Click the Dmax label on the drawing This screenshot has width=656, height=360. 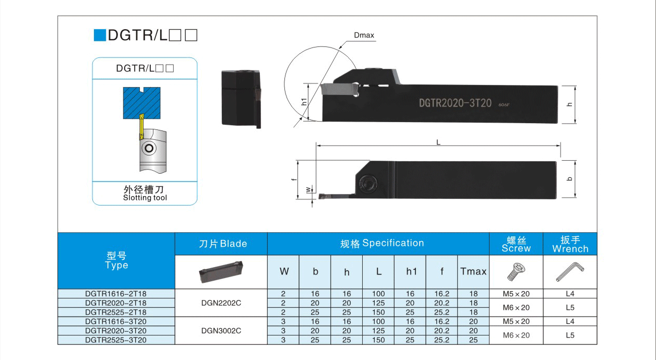click(364, 35)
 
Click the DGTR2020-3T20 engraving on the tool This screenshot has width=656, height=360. click(455, 103)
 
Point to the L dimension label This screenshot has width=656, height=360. click(438, 142)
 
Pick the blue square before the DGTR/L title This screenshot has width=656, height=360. click(99, 35)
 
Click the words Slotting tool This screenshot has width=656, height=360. click(145, 198)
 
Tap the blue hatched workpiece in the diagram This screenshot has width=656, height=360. click(141, 102)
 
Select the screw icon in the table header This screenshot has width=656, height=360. click(516, 271)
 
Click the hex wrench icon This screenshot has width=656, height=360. click(570, 271)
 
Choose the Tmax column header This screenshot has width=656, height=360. click(473, 271)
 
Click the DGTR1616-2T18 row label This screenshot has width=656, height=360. click(116, 294)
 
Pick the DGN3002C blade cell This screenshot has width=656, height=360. click(221, 330)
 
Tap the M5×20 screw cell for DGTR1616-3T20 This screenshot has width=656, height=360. click(516, 321)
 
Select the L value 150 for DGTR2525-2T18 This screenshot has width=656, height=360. click(378, 312)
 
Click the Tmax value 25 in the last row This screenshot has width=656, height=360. click(473, 340)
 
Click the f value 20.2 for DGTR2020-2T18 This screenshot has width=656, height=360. click(442, 303)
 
